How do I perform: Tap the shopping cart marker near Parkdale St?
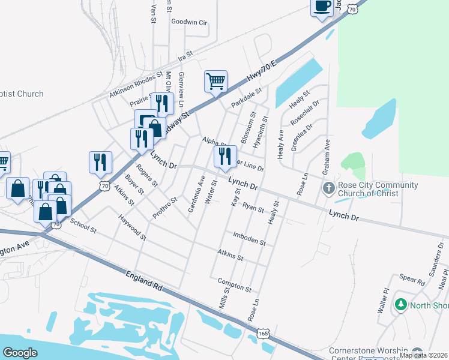pyautogui.click(x=215, y=81)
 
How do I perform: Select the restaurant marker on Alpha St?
pyautogui.click(x=225, y=157)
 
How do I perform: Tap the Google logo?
pyautogui.click(x=20, y=352)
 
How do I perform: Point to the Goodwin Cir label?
pyautogui.click(x=189, y=22)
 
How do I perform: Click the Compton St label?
pyautogui.click(x=234, y=285)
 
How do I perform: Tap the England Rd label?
pyautogui.click(x=145, y=281)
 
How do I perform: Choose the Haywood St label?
pyautogui.click(x=133, y=227)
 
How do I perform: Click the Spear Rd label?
pyautogui.click(x=412, y=278)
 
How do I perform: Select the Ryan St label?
pyautogui.click(x=253, y=208)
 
